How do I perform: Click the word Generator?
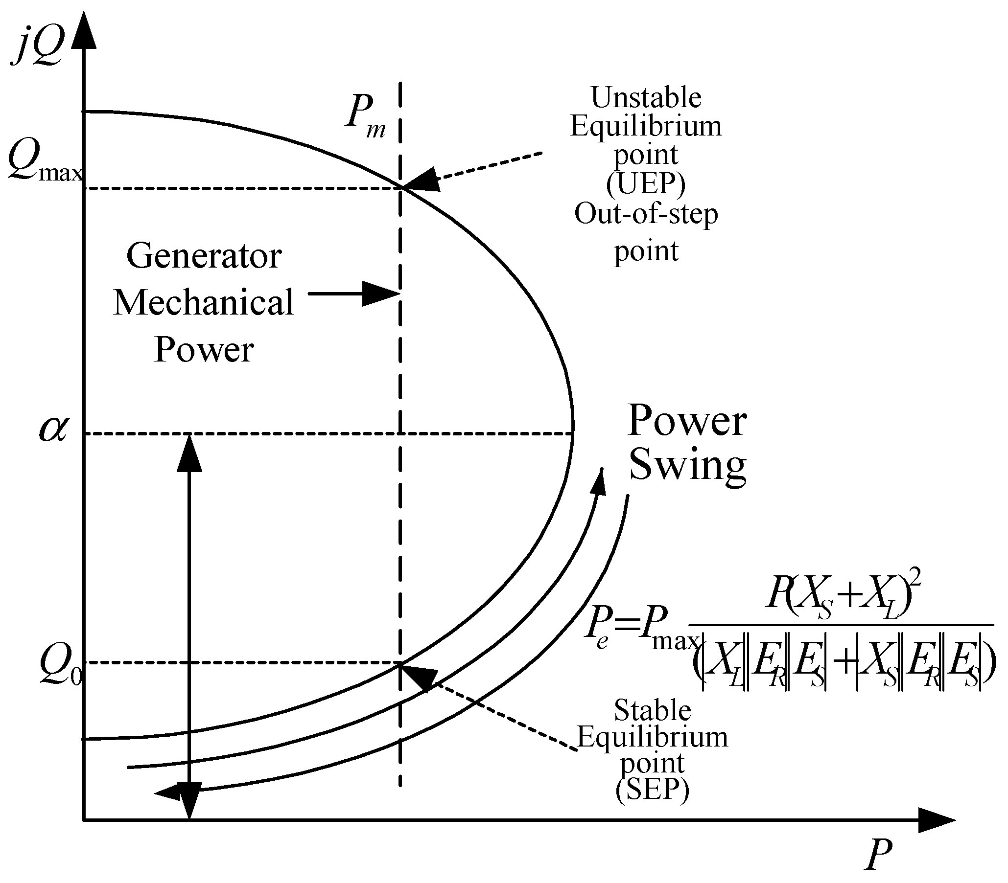click(x=204, y=256)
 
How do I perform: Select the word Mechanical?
click(x=203, y=302)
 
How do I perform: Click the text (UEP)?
click(x=646, y=184)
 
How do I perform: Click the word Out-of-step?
click(x=646, y=214)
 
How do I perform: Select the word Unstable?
click(x=646, y=97)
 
